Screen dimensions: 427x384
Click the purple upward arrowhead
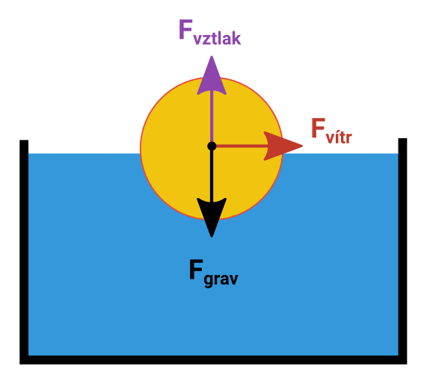point(212,78)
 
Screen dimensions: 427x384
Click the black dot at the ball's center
point(212,146)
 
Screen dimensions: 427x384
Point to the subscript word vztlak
point(217,38)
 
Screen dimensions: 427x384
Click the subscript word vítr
point(339,137)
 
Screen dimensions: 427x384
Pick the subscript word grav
point(221,279)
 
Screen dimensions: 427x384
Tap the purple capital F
point(185,29)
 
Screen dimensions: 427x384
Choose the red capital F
point(319,128)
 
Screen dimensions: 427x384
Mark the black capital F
point(196,269)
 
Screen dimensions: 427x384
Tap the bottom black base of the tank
point(213,360)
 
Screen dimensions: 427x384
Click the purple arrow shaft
point(212,117)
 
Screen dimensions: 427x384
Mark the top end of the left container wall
point(24,140)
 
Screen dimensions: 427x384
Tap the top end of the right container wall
point(402,138)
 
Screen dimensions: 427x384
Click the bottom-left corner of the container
point(20,364)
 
